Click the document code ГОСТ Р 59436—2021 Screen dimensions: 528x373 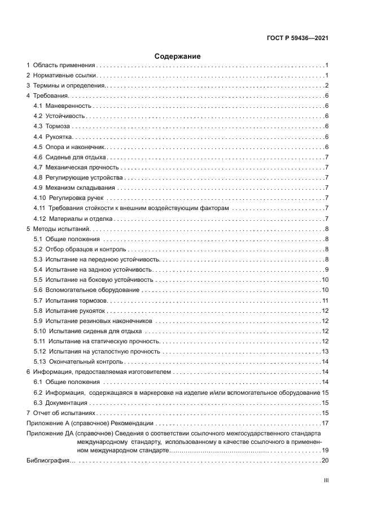tap(297, 38)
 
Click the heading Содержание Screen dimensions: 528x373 tap(178, 56)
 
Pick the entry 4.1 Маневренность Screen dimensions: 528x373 tap(62, 106)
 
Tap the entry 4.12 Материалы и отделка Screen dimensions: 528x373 tap(74, 219)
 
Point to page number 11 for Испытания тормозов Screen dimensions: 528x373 tap(325, 300)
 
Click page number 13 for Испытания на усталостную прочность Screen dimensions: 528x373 tap(325, 351)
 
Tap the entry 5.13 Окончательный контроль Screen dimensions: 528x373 tap(78, 361)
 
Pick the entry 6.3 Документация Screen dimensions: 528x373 tap(60, 403)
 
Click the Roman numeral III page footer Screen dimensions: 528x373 tap(326, 481)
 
